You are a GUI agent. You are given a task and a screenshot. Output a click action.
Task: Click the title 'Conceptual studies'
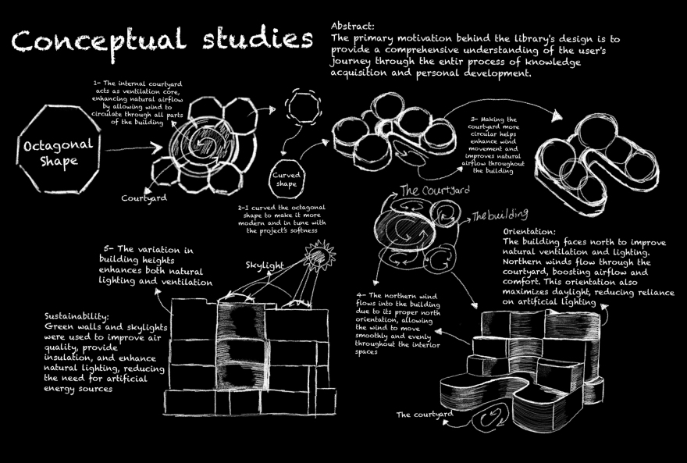(156, 40)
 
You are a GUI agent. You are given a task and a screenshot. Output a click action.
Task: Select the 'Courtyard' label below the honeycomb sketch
(144, 198)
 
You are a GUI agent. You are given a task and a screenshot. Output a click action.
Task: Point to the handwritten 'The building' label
(500, 214)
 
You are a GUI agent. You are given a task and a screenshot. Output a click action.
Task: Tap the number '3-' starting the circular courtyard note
(475, 121)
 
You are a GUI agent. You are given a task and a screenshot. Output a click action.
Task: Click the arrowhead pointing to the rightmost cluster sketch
(556, 117)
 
